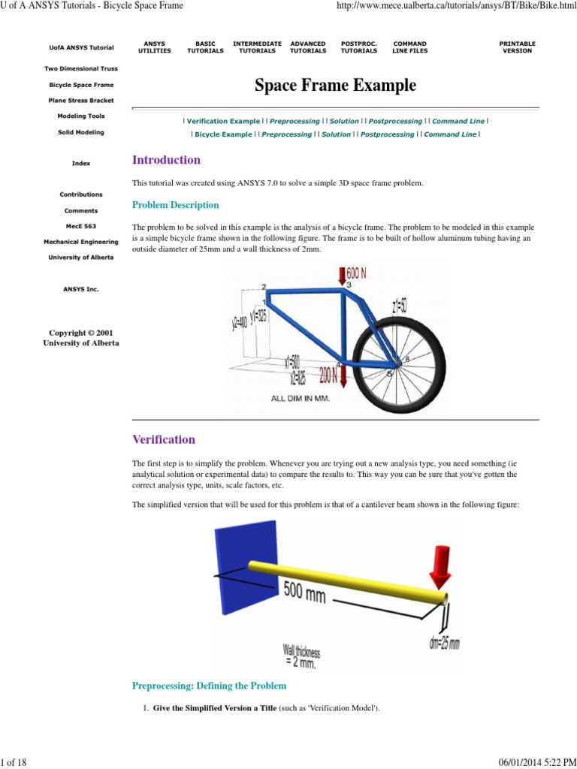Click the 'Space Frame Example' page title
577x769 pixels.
[x=335, y=86]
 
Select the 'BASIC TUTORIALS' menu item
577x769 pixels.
[x=205, y=47]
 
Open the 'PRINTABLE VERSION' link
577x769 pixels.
[x=517, y=47]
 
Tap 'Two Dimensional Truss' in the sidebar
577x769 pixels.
[x=82, y=68]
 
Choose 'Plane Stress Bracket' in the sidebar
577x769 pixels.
[x=82, y=101]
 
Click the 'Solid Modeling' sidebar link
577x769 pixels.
[x=82, y=132]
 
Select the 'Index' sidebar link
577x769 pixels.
[x=81, y=163]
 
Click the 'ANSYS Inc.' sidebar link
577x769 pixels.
[x=81, y=289]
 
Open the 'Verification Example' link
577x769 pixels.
[x=222, y=121]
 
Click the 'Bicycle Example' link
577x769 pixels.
[x=223, y=134]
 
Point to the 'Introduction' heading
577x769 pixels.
[x=166, y=160]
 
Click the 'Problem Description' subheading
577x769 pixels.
[x=176, y=205]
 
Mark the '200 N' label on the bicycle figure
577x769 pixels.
[x=328, y=374]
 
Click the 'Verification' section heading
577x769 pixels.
[x=164, y=439]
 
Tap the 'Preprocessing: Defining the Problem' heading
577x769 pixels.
[x=209, y=686]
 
